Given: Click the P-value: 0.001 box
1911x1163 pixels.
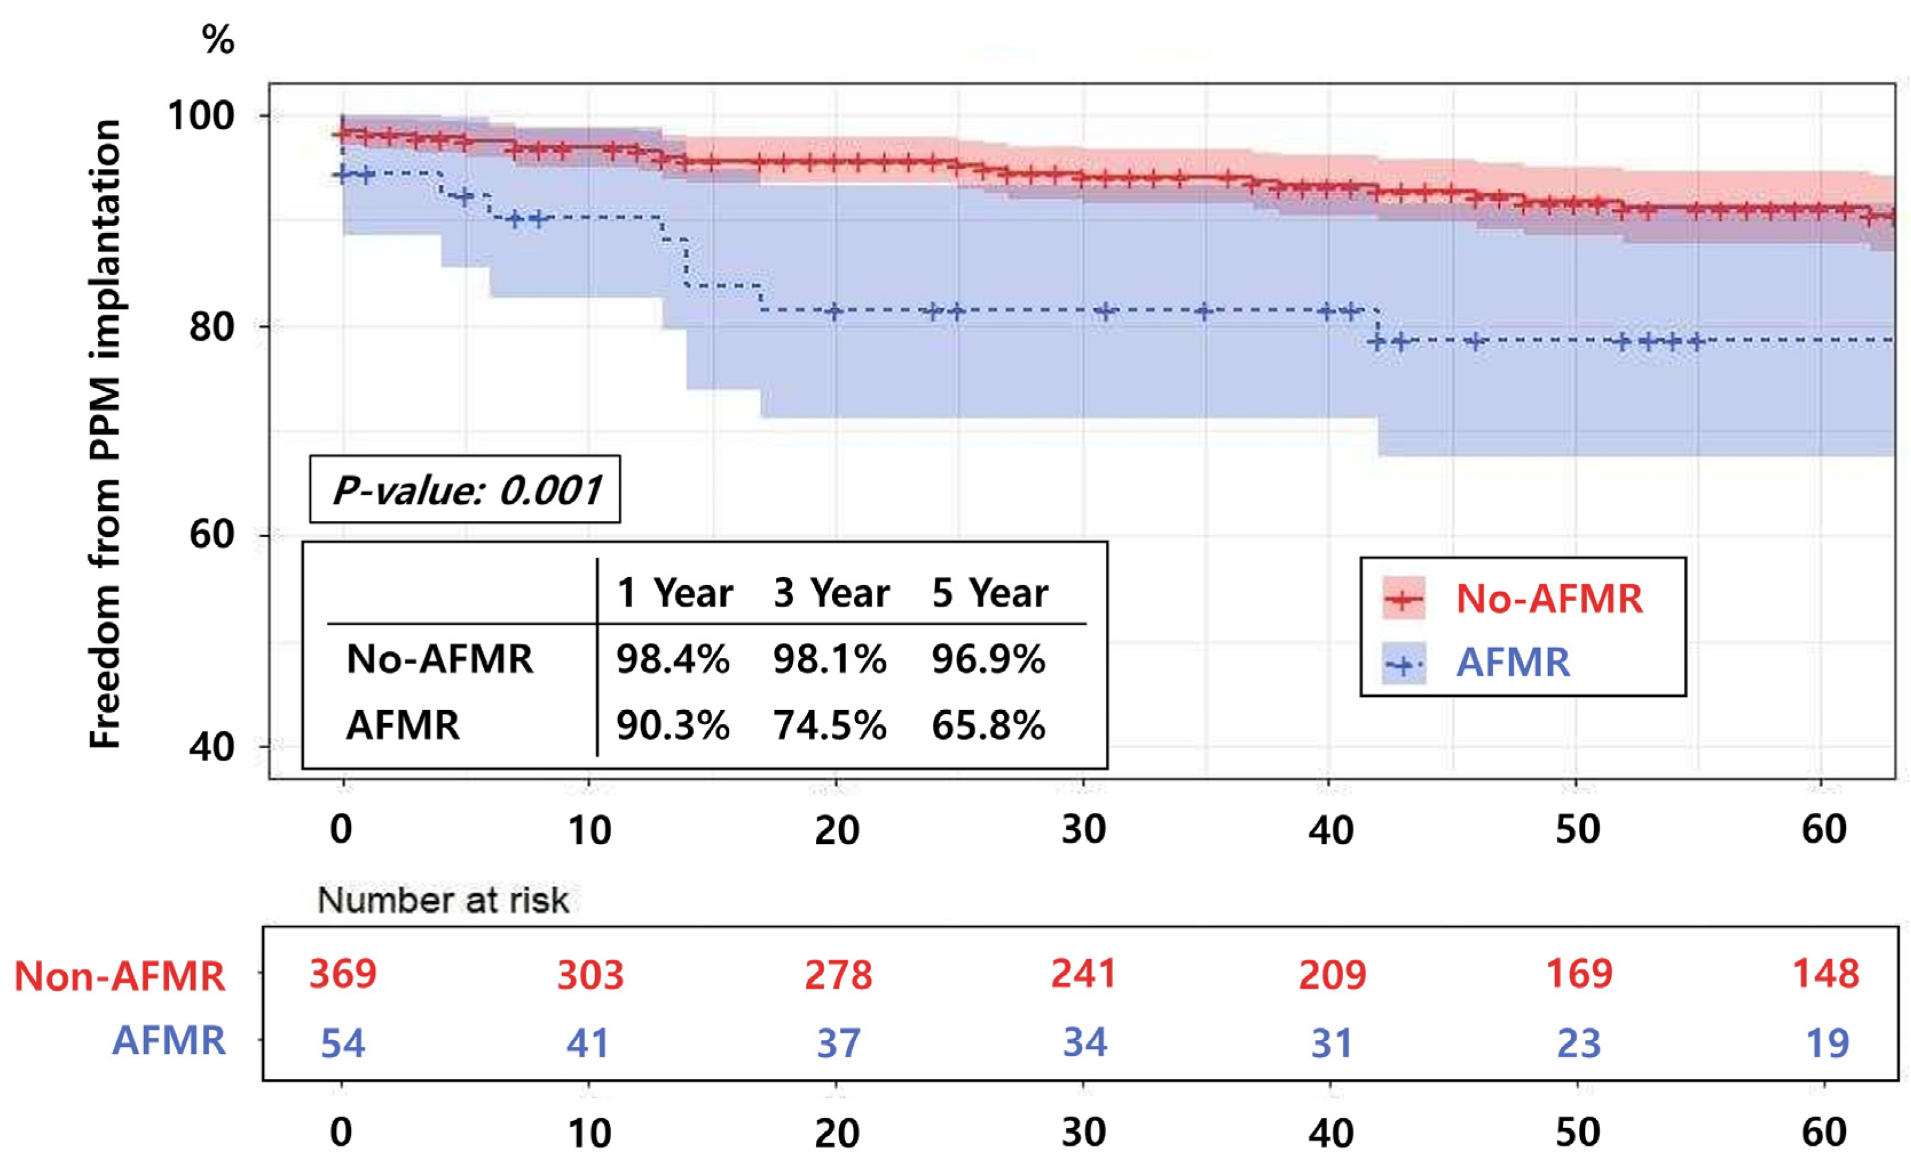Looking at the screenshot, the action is click(x=465, y=489).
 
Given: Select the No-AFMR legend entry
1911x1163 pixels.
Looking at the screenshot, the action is click(x=1512, y=598).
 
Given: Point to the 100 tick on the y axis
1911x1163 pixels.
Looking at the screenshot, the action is click(x=201, y=116).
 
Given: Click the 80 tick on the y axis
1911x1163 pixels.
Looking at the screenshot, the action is click(x=212, y=327).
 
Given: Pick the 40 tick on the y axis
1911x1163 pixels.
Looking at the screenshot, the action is click(x=212, y=747).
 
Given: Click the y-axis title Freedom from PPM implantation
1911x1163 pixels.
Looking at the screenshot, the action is click(x=105, y=434).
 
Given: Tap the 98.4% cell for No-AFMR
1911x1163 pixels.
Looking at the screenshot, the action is click(x=673, y=659).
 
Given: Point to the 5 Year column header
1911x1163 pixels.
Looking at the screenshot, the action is click(x=990, y=593).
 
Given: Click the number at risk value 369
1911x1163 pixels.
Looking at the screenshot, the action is click(x=343, y=973).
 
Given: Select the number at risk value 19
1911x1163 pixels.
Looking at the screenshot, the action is click(x=1828, y=1043).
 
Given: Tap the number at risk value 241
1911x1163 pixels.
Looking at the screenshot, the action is click(x=1083, y=973).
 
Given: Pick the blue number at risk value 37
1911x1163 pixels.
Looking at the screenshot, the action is click(x=838, y=1043).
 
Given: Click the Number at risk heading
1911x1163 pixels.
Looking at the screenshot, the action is click(x=444, y=900).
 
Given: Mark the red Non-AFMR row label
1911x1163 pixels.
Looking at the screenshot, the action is click(x=120, y=975).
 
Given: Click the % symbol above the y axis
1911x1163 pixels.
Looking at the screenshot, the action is click(x=218, y=39).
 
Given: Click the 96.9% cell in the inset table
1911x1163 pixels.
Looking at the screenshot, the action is click(x=988, y=659).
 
